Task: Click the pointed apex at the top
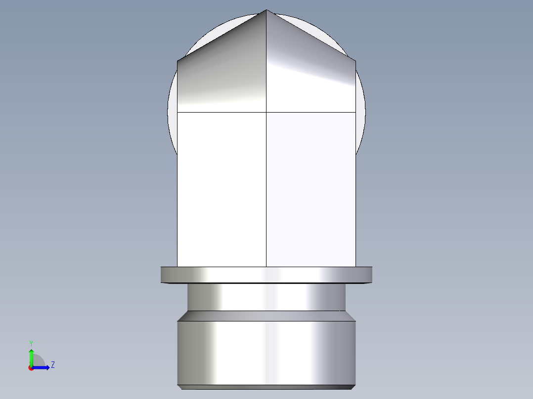coord(266,10)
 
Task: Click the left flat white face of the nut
coord(222,188)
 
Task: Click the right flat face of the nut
coord(311,188)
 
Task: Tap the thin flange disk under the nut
coord(266,275)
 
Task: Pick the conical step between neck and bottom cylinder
coord(266,316)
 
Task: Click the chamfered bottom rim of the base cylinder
coord(266,387)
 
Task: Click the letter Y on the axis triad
coord(31,343)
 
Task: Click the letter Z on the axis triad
coord(52,365)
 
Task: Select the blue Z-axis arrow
coord(42,367)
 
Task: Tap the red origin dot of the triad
coord(31,368)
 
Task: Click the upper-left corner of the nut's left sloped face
coord(178,61)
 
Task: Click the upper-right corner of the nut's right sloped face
coord(355,61)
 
